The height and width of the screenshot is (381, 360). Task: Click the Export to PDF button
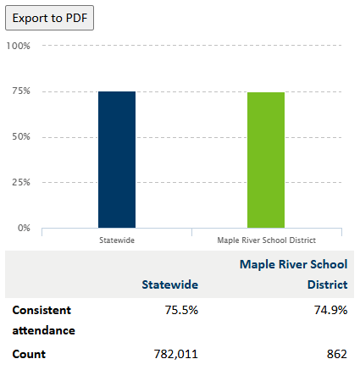49,18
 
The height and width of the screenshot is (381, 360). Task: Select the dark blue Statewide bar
117,159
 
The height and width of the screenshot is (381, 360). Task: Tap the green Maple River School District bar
266,160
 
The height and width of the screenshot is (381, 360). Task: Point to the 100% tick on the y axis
19,46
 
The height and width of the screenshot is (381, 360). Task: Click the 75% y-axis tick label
21,91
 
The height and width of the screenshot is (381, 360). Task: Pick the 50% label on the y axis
21,136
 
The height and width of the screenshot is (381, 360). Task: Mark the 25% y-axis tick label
21,182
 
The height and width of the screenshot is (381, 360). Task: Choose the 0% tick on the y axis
24,228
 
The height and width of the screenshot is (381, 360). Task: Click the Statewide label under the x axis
117,240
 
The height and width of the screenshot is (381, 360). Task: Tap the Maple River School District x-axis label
267,240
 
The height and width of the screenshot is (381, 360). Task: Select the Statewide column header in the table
170,284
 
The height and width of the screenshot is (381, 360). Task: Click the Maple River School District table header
294,274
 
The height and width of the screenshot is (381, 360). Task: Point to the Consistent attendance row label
44,320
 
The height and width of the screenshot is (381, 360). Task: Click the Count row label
29,354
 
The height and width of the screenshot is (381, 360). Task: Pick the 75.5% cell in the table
181,310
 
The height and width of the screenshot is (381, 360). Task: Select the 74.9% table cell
330,310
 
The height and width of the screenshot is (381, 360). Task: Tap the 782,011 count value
175,354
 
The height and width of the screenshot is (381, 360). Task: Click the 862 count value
337,354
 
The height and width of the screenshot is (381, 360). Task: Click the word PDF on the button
76,18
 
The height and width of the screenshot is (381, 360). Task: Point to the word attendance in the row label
44,330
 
